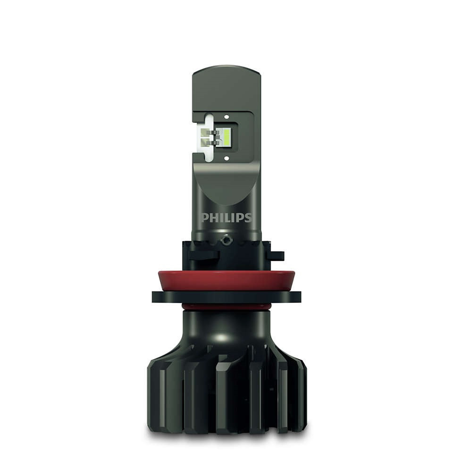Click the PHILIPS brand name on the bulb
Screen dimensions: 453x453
pos(226,218)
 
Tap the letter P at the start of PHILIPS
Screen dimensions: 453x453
pos(205,218)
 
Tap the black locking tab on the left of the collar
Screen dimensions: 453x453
pos(203,255)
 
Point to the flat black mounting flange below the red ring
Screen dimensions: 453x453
pos(226,297)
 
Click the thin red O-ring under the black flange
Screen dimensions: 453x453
pos(226,307)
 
